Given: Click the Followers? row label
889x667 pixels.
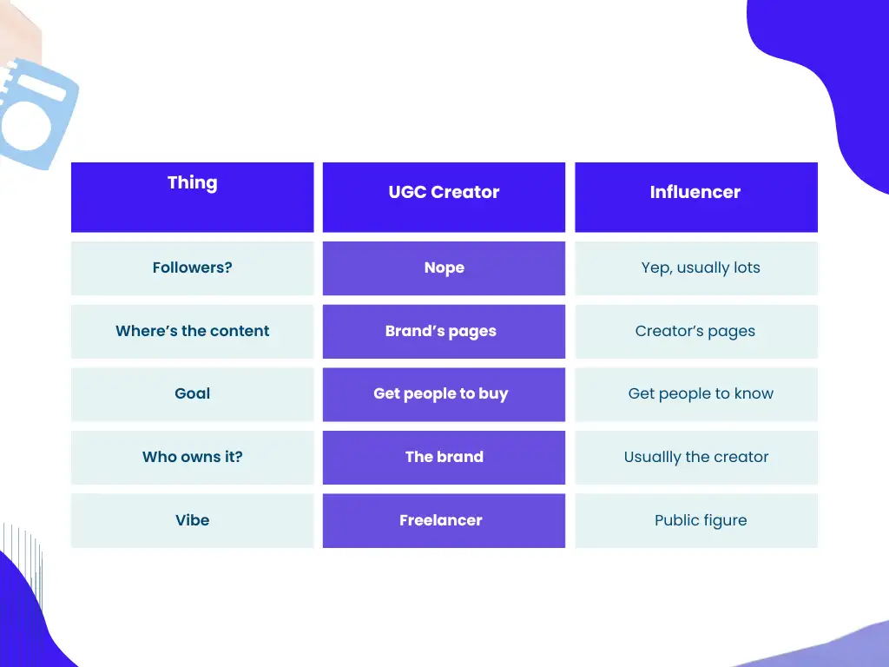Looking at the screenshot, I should [192, 267].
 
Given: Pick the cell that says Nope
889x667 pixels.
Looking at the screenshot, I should [444, 267].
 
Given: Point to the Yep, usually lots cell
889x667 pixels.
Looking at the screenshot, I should [700, 267].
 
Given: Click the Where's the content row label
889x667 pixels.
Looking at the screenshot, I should [192, 331].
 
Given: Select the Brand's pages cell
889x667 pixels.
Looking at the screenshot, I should [441, 331].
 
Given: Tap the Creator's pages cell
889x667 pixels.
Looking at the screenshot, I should [695, 331].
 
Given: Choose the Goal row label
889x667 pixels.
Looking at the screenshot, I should [192, 393].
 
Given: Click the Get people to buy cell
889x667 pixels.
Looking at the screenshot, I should [441, 393].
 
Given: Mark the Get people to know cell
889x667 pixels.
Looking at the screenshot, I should [700, 393].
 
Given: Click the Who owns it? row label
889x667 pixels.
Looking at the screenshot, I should [192, 457].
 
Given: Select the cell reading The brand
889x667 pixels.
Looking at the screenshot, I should [444, 457].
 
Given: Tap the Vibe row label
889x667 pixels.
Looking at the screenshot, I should [192, 520].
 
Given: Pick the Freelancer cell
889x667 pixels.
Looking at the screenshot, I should [441, 520].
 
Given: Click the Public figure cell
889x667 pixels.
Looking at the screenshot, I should [700, 520].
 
